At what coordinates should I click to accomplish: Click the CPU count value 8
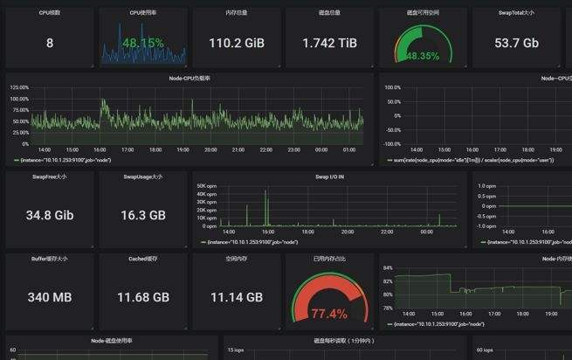[49, 43]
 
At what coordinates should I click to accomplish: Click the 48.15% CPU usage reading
[143, 43]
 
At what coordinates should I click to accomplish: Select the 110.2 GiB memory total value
[237, 43]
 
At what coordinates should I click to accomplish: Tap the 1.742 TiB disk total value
[329, 43]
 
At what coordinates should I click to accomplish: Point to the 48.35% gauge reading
[423, 55]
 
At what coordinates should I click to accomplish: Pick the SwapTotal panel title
[516, 13]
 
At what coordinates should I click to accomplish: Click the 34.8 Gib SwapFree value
[49, 214]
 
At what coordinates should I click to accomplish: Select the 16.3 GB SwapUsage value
[144, 214]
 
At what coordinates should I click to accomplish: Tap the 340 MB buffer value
[49, 297]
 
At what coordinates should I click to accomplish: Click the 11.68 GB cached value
[143, 297]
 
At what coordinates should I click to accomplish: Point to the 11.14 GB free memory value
[237, 297]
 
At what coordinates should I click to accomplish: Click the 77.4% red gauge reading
[329, 314]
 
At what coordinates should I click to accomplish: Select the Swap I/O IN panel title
[329, 177]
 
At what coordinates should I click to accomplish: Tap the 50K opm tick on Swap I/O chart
[206, 186]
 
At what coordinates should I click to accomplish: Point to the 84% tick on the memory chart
[388, 268]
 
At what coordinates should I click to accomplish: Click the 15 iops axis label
[236, 350]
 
